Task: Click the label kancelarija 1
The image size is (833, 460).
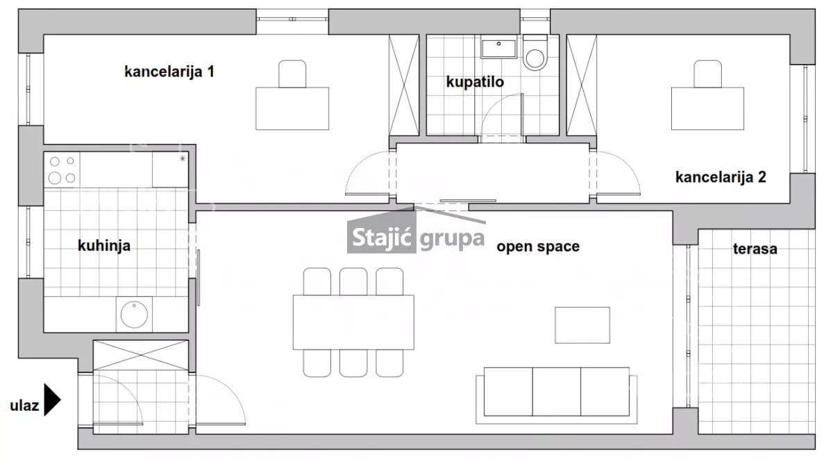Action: click(169, 72)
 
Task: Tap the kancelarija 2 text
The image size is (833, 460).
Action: click(721, 177)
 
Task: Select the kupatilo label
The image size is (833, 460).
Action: click(475, 82)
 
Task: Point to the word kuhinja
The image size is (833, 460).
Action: click(104, 246)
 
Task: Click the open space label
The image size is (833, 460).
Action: click(538, 247)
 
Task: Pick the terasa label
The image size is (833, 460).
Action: click(755, 249)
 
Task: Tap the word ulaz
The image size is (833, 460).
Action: click(24, 405)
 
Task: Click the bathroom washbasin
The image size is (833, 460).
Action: click(498, 47)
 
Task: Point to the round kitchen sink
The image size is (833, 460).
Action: click(134, 315)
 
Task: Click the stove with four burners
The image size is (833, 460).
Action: click(62, 170)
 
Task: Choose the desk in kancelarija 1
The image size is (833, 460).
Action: click(292, 108)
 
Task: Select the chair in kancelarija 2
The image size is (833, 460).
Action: click(707, 74)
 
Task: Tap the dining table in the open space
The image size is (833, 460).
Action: click(353, 322)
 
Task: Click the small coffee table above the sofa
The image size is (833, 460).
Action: click(582, 325)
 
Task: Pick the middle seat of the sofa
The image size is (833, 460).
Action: click(556, 391)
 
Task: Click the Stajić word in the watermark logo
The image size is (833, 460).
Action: click(381, 238)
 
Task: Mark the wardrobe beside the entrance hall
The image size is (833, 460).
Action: click(140, 355)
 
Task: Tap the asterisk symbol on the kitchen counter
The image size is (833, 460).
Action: click(183, 158)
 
